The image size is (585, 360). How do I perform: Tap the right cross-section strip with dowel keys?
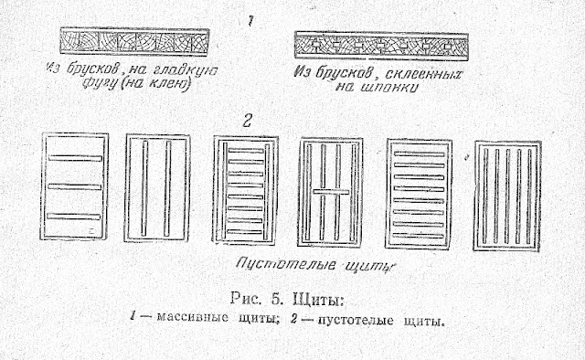coord(382,44)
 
